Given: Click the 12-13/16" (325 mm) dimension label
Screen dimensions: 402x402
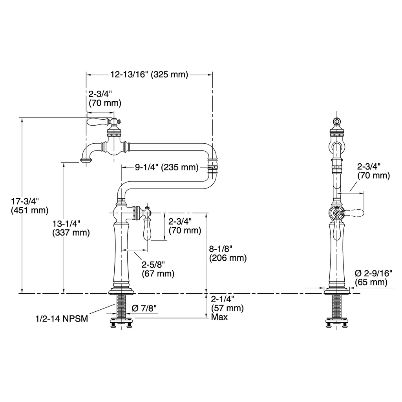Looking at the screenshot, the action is point(149,75).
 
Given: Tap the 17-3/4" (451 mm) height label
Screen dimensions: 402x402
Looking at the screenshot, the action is point(29,206).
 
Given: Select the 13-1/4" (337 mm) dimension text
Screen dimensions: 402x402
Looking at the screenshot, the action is point(71,228).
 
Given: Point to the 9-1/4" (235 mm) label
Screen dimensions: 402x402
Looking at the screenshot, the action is point(166,167).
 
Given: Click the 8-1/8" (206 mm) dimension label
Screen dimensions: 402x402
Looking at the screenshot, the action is point(228,253).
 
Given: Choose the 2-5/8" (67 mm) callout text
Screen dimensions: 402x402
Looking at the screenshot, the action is point(158,269).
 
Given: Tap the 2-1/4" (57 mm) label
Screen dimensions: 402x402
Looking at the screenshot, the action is point(227,303).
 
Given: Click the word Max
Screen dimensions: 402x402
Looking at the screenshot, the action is point(219,317).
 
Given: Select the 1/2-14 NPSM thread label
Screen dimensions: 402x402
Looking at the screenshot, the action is point(62,319).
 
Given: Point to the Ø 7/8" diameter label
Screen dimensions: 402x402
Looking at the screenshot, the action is point(144,308).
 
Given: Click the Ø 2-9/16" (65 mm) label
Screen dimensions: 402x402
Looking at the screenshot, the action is point(374,278).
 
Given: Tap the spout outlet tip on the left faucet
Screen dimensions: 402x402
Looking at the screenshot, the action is point(86,161).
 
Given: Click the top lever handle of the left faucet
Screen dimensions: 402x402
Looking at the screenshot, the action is point(99,122).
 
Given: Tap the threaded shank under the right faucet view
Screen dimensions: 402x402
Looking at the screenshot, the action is point(336,306).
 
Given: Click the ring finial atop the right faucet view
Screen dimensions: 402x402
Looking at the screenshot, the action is point(336,121).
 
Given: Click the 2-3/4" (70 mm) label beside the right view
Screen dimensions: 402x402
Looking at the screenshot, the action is point(374,171).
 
